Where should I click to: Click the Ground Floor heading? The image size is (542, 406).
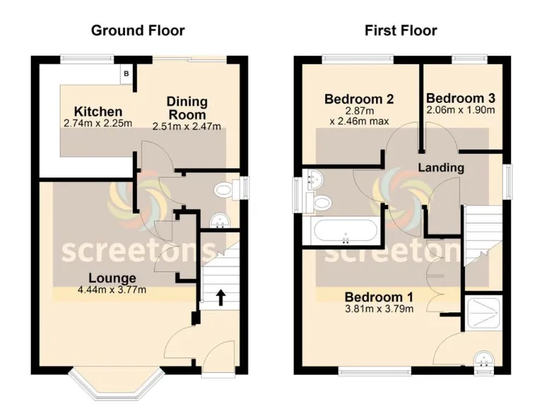[x=138, y=30]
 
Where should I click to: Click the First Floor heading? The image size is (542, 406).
[x=400, y=30]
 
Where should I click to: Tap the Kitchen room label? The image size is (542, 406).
[x=98, y=112]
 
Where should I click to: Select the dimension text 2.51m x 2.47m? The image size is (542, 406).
[x=187, y=127]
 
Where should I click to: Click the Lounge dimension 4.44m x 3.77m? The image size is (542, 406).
[x=112, y=289]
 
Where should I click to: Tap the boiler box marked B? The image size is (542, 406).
[x=126, y=73]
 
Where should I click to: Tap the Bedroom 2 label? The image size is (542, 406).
[x=359, y=99]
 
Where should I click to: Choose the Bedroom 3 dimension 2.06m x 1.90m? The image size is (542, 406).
[x=460, y=111]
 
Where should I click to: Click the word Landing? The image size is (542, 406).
[x=441, y=168]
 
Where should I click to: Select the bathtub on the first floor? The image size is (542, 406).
[x=344, y=231]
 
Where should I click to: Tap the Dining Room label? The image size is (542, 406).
[x=186, y=109]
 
